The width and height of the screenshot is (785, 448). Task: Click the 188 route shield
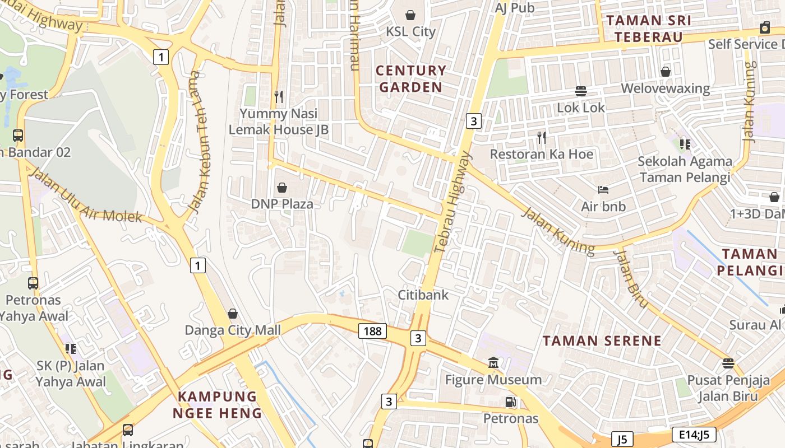click(372, 331)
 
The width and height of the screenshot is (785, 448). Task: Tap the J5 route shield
click(622, 438)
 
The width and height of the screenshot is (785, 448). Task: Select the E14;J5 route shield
click(694, 435)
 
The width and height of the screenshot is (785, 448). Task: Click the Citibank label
click(423, 295)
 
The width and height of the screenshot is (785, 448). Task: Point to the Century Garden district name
click(411, 79)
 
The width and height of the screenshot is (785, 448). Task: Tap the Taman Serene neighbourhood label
click(602, 340)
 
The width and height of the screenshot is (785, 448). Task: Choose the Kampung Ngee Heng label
click(218, 405)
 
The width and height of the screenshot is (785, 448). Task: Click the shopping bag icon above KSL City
click(410, 15)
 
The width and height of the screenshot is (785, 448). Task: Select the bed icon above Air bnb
click(603, 190)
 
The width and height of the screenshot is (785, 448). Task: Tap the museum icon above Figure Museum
click(493, 363)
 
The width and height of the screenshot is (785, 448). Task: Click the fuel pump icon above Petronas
click(510, 402)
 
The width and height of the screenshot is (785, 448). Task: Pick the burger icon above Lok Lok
click(581, 91)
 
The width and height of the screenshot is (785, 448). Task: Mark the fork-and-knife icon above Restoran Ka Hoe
click(542, 137)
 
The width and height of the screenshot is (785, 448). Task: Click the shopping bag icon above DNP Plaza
click(282, 188)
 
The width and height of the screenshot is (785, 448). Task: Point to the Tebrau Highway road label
click(454, 202)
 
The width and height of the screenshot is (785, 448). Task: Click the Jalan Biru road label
click(631, 278)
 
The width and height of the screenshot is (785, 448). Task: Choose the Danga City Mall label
click(233, 330)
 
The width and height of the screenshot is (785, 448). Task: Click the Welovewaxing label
click(665, 88)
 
